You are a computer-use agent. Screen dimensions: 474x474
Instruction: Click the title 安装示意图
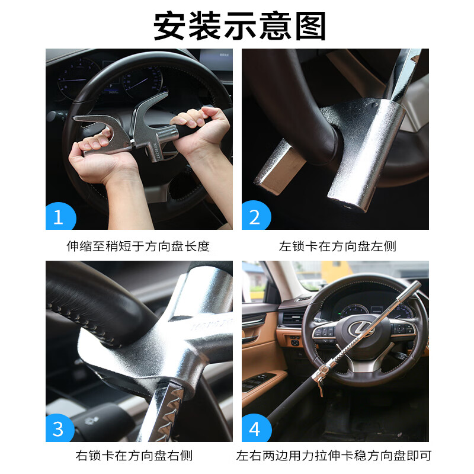(x=239, y=25)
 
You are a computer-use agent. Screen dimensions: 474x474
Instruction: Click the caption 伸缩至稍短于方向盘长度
(x=138, y=246)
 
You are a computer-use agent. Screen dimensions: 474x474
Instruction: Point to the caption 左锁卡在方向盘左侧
(x=338, y=246)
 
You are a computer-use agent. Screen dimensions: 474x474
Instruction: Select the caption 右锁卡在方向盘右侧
(x=134, y=456)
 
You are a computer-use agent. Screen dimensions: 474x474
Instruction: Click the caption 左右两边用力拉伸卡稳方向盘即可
(x=334, y=456)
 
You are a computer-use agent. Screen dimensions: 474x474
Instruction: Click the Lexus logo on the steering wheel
(x=361, y=329)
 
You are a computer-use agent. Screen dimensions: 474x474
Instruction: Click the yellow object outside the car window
(x=336, y=271)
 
